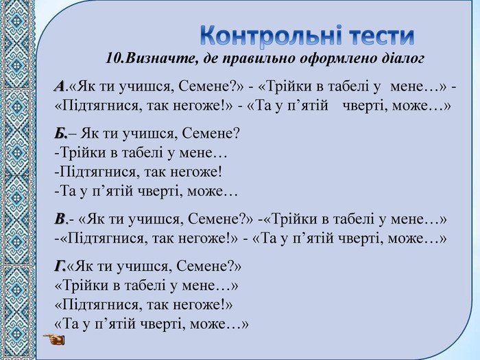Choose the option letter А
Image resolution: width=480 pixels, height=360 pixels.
coord(59,86)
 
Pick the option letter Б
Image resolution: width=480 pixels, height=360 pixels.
coord(60,134)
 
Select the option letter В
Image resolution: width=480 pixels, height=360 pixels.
coord(60,219)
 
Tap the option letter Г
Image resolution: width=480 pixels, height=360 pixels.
coord(60,266)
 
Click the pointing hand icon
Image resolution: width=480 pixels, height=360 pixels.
coord(54,339)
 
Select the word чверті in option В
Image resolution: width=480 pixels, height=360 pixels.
coord(361,238)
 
